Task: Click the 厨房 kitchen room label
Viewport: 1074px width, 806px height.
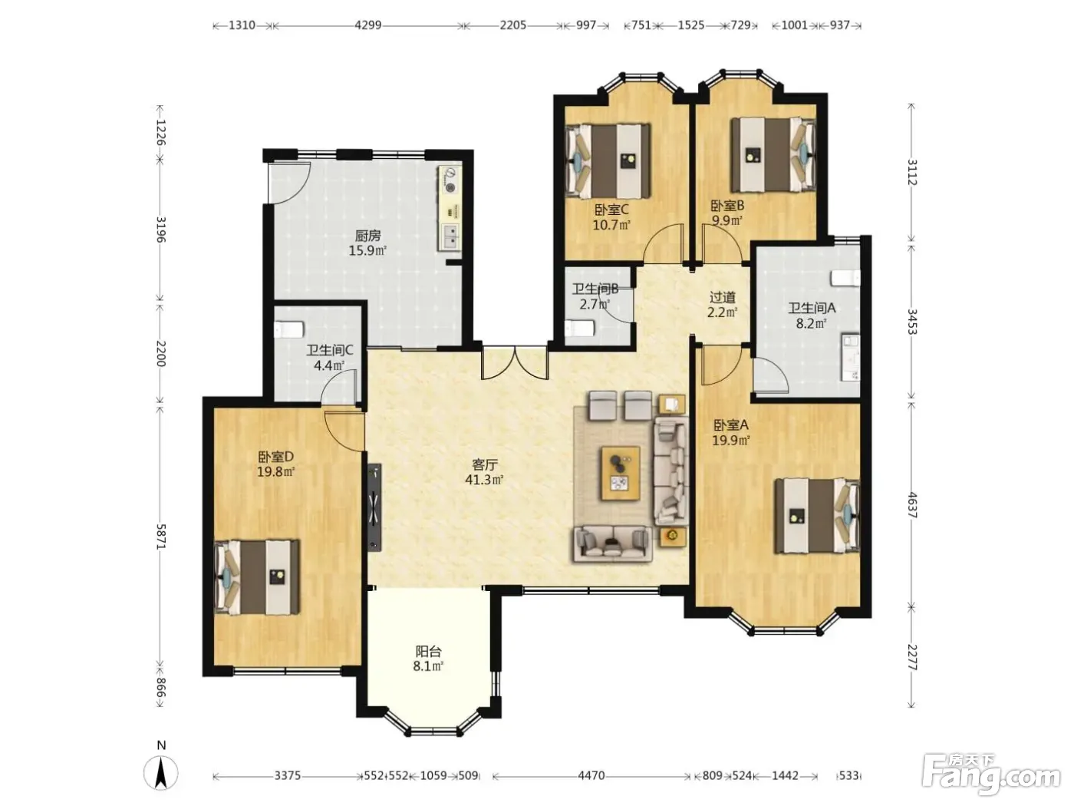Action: (367, 236)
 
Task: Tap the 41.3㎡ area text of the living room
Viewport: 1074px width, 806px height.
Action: (483, 480)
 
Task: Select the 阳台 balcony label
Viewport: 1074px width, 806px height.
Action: (428, 652)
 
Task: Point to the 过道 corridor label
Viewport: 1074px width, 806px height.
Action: (722, 297)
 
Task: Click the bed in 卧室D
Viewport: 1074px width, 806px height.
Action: (257, 577)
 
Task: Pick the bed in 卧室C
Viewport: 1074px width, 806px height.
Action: (608, 160)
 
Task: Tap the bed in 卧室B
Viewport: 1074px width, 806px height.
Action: (773, 154)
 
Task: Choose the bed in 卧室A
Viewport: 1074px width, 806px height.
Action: (817, 516)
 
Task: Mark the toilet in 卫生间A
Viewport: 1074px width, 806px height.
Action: (845, 278)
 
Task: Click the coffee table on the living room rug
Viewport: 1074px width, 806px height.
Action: (621, 473)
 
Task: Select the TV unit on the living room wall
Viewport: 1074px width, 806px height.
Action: (374, 507)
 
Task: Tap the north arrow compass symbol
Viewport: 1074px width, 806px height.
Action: (161, 773)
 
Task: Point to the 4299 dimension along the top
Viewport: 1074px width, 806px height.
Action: (368, 25)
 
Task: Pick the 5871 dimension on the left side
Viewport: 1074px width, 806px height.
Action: (161, 537)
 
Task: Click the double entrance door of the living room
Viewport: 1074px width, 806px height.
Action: (515, 362)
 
